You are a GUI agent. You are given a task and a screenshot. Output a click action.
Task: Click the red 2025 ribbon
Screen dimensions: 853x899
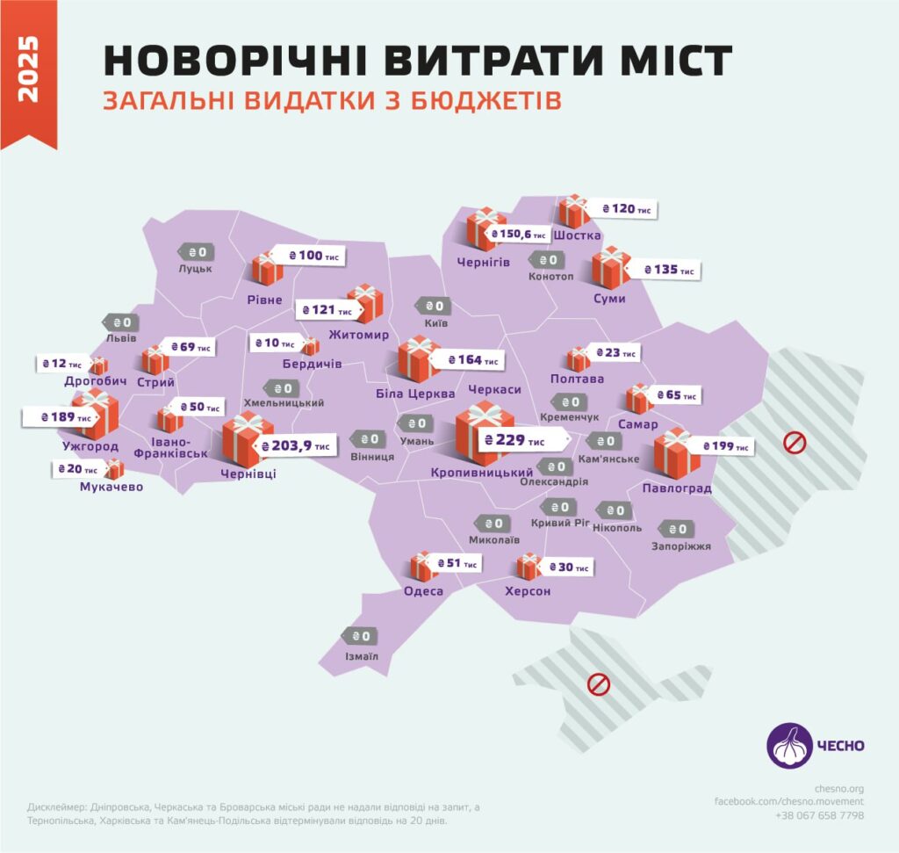29,70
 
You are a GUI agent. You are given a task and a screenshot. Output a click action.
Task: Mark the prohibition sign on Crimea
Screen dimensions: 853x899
599,683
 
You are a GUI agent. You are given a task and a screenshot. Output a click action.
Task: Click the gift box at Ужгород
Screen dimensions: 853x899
95,414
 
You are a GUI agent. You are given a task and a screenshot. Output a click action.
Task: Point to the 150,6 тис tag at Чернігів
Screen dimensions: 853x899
516,235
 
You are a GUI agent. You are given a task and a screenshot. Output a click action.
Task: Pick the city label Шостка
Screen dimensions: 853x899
579,235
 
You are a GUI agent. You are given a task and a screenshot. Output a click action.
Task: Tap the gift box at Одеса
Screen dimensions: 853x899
423,566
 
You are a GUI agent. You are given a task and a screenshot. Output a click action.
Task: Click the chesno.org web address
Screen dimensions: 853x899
839,788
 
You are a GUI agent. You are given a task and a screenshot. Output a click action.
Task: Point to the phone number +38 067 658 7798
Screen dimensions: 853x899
820,815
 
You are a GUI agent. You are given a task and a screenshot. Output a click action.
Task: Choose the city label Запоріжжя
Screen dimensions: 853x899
681,546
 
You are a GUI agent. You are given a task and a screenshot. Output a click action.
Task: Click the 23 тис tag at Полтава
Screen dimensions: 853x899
614,352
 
